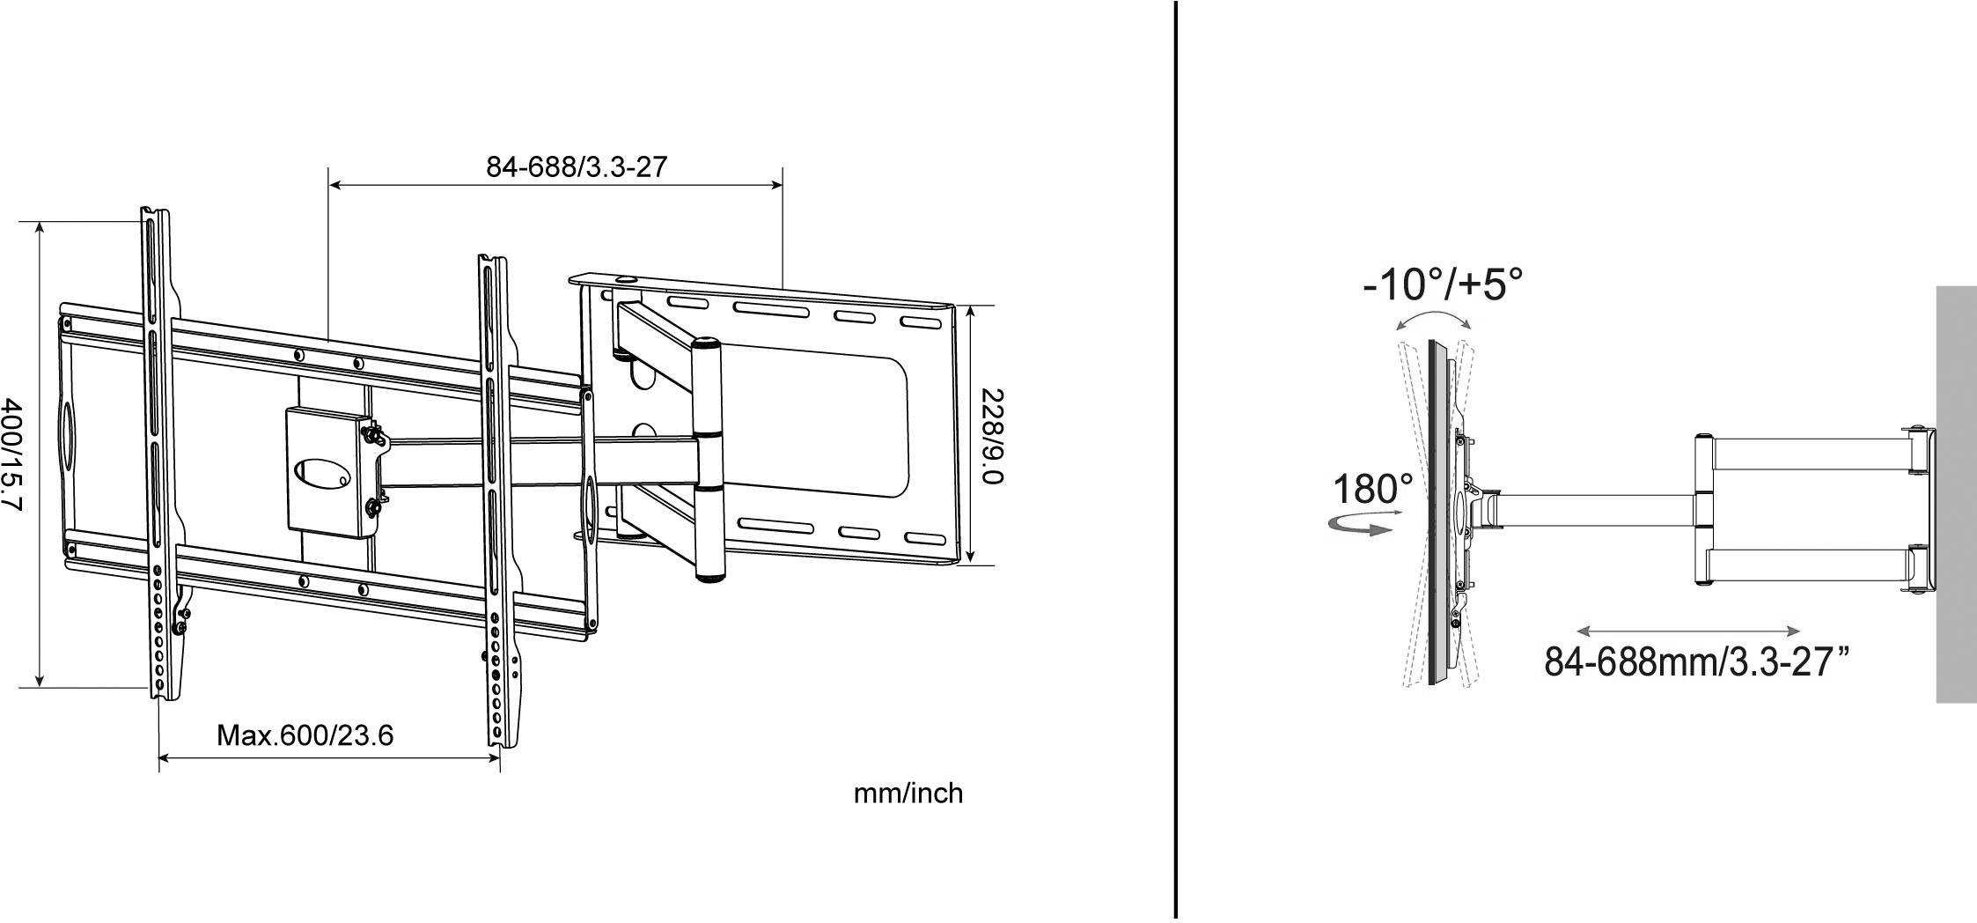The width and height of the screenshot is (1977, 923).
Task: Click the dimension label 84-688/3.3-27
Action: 577,166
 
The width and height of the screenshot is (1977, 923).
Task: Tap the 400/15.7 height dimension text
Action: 13,454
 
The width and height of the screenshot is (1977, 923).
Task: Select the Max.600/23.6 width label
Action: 305,735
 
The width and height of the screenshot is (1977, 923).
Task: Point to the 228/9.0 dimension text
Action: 992,435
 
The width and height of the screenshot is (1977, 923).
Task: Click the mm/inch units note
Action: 908,794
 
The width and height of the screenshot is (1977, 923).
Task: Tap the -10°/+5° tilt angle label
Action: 1443,284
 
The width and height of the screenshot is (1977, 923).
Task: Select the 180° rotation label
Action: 1372,490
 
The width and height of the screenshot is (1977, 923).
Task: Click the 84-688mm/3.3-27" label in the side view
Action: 1695,660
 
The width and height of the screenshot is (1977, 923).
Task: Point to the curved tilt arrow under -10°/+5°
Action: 1433,318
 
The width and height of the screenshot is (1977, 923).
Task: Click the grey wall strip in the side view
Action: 1955,493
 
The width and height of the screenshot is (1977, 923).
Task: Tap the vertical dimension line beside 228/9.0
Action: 970,433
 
